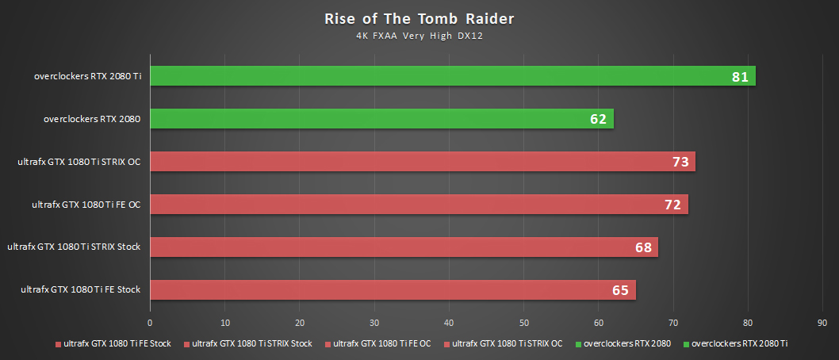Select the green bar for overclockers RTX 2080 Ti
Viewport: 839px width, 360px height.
tap(452, 76)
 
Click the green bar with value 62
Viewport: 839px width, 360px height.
tap(381, 119)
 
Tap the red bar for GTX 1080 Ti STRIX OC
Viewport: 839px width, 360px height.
tap(422, 162)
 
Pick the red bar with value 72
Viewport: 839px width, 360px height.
tap(418, 205)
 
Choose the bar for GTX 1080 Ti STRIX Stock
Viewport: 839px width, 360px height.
tap(403, 247)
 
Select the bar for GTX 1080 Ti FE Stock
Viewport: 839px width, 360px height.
tap(392, 289)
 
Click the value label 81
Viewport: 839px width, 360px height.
tap(741, 77)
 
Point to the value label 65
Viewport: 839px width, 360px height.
tap(620, 290)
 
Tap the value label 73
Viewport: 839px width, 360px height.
tap(680, 163)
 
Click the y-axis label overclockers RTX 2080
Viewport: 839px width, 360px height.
tap(92, 119)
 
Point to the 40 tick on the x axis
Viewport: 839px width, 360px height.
tap(449, 323)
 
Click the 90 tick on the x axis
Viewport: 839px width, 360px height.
tap(822, 323)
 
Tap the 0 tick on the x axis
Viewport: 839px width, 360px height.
tap(150, 323)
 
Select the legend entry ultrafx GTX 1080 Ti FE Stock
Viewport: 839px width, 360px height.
tap(117, 344)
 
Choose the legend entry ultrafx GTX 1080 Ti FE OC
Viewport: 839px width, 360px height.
tap(381, 344)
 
